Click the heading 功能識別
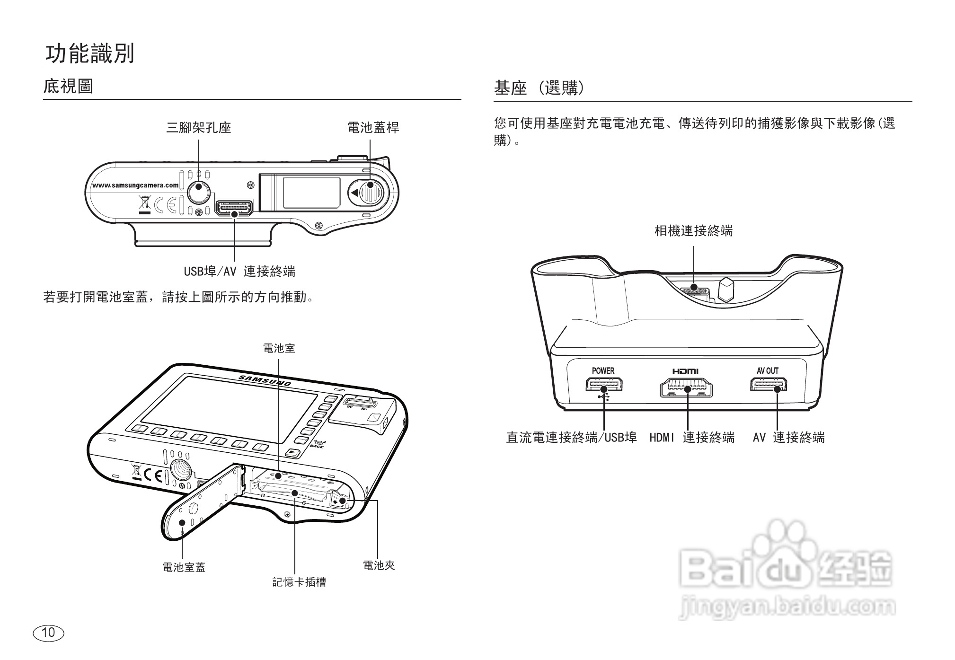click(x=89, y=53)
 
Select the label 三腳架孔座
click(x=198, y=127)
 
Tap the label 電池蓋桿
click(x=373, y=127)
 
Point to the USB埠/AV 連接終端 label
click(x=239, y=272)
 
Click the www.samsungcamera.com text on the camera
click(x=135, y=185)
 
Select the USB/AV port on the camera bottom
click(x=234, y=208)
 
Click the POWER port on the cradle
click(x=604, y=385)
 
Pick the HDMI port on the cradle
click(x=686, y=388)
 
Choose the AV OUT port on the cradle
click(x=768, y=385)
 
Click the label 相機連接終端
click(x=693, y=231)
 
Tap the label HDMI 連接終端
click(x=692, y=438)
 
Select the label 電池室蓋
click(x=184, y=567)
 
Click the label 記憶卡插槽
click(x=299, y=582)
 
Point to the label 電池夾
click(x=379, y=565)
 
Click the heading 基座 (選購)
click(x=539, y=88)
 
